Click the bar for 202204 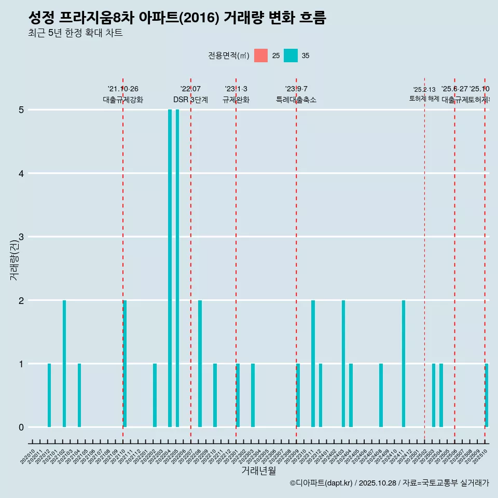point(170,268)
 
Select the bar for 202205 point(177,268)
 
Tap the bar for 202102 point(64,364)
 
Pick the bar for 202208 point(200,364)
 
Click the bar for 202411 point(403,364)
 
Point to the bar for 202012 point(49,395)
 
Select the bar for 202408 point(381,395)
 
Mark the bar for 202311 point(313,364)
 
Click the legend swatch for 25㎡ point(261,56)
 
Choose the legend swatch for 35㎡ point(290,56)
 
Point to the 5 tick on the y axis point(21,110)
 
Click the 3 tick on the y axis point(21,237)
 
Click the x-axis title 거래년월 point(258,471)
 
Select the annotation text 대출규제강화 point(123,100)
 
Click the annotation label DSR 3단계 point(190,100)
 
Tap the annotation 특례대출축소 point(296,100)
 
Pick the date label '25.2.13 point(424,90)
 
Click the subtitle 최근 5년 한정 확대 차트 point(75,33)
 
